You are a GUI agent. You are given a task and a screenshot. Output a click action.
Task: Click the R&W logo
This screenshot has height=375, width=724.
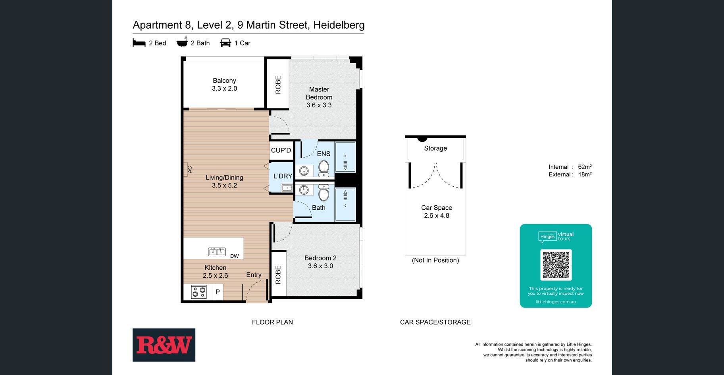[164, 345]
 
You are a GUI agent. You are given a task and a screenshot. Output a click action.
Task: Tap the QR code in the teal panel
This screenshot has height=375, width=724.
[556, 265]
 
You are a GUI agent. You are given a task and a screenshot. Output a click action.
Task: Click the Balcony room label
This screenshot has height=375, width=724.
[224, 81]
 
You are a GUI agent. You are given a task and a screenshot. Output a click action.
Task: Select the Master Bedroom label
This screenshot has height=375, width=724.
[319, 93]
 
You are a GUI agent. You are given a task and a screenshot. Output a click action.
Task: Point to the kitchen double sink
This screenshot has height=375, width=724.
[217, 251]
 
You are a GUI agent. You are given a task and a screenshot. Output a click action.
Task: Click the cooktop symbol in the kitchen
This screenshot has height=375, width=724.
[198, 292]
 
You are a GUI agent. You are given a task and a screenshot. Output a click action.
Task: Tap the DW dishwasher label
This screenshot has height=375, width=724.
[235, 256]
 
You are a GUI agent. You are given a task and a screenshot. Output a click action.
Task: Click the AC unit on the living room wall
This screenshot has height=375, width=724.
[186, 169]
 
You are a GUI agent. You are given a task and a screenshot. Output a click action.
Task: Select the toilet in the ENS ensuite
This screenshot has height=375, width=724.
[324, 168]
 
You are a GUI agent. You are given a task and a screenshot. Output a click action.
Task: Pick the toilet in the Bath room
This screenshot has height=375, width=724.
[324, 193]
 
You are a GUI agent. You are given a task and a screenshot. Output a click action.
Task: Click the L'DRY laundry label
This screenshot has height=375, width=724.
[283, 176]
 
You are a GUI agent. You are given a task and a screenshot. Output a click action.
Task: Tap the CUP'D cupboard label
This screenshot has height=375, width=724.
[281, 150]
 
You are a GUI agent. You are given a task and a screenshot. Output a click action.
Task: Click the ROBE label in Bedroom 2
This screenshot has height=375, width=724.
[278, 275]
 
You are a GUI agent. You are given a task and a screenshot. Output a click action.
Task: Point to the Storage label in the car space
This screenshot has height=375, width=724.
[435, 148]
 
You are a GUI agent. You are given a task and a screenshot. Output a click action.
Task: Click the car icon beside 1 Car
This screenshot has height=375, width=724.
[225, 43]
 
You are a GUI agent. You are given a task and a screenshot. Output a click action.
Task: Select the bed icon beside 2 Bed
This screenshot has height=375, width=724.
[139, 43]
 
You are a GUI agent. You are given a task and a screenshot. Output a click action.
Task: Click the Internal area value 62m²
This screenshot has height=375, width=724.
[585, 167]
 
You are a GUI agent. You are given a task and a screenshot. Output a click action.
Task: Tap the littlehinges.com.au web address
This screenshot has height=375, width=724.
[556, 302]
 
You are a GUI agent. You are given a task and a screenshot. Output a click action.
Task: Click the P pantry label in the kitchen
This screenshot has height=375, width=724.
[218, 292]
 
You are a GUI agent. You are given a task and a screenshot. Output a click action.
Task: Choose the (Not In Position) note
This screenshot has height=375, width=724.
[435, 260]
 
